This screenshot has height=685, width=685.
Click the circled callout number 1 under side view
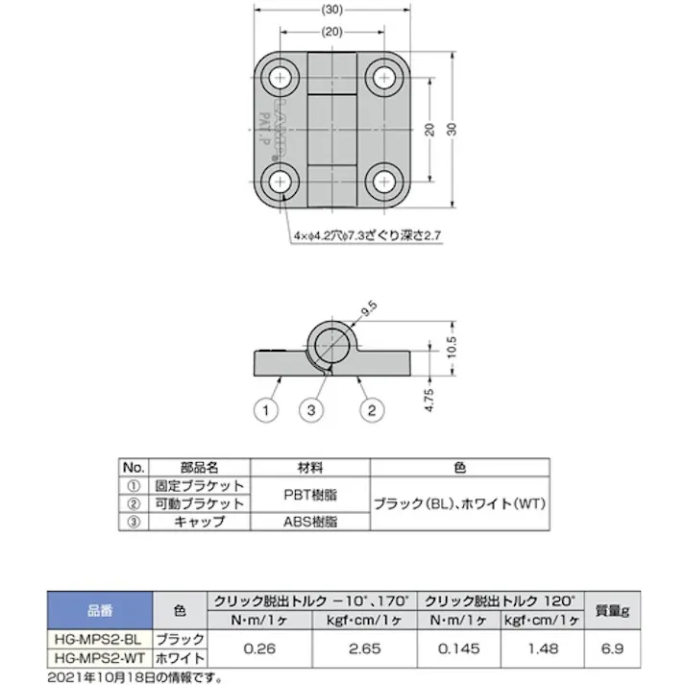(265, 411)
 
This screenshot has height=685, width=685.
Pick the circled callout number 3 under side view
(309, 411)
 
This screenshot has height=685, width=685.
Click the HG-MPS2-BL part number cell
(99, 639)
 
